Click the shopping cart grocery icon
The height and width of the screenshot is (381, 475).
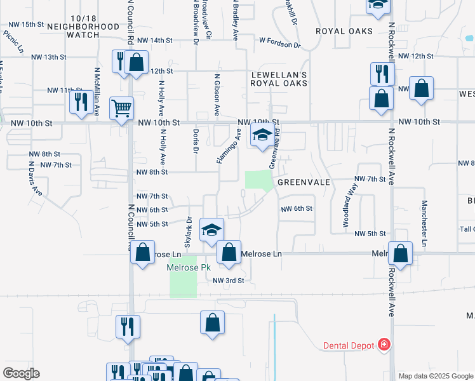(121, 107)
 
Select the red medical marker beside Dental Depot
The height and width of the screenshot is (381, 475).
(384, 345)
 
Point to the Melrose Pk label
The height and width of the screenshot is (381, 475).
(188, 267)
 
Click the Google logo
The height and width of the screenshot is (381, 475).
(21, 373)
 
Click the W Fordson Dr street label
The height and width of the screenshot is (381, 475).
(279, 44)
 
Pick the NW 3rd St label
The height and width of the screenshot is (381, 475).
(228, 281)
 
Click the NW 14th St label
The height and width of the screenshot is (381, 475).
(155, 40)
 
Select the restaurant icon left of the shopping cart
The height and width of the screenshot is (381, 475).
(81, 102)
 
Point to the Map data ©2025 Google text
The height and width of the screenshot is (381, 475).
(435, 376)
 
